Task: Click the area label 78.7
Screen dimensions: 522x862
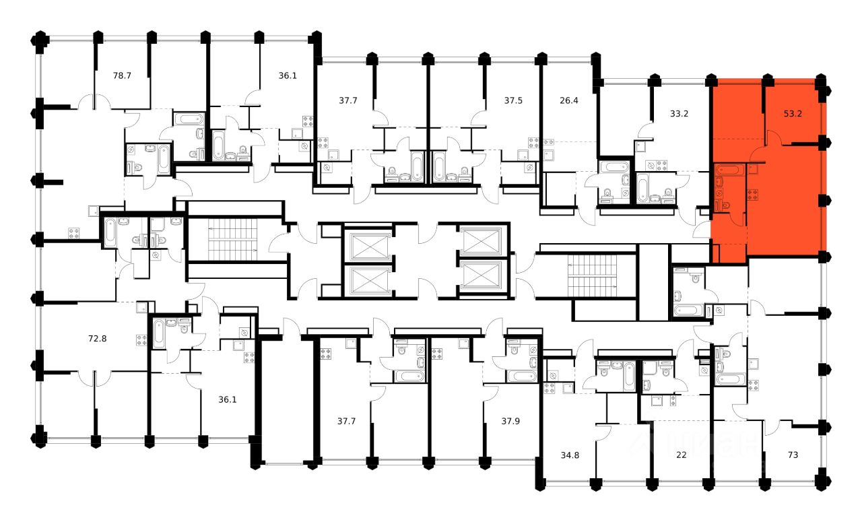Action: (121, 75)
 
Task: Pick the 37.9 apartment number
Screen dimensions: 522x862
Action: (510, 422)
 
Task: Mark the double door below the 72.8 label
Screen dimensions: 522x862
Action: (94, 377)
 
